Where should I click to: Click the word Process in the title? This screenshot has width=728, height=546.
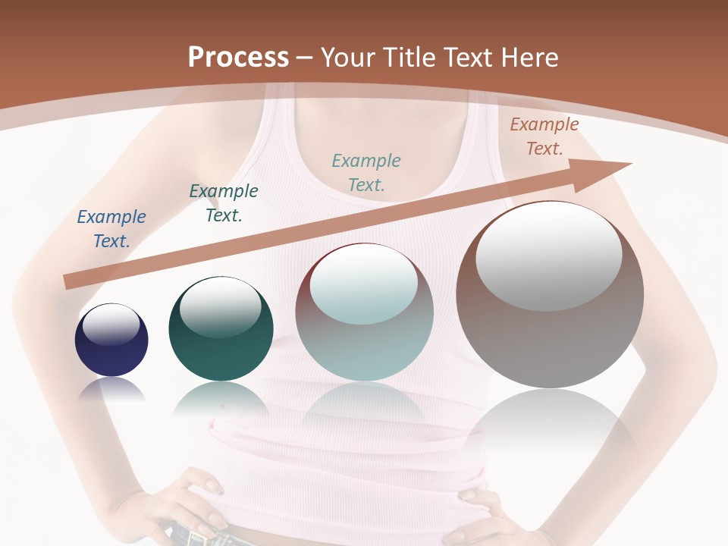238,58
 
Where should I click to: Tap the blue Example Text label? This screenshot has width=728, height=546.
111,229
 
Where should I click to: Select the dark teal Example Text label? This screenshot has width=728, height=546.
224,203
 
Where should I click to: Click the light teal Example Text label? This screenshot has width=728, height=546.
366,172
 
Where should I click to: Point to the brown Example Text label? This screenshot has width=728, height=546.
544,136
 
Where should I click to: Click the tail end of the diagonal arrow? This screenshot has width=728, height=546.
71,282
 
